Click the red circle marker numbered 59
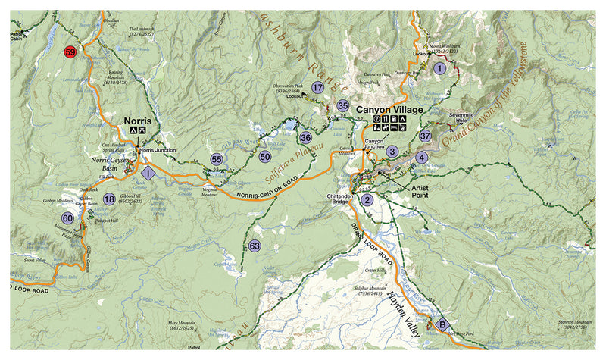click(x=70, y=52)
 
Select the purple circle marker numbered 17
click(x=318, y=88)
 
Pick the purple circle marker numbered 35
click(x=343, y=106)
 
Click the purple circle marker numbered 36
click(x=305, y=138)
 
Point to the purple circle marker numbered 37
click(x=426, y=136)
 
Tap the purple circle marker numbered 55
click(x=217, y=159)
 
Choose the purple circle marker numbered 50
click(x=265, y=156)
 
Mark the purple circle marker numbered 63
click(x=255, y=246)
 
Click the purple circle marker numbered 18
click(x=110, y=199)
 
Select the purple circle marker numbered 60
click(x=67, y=218)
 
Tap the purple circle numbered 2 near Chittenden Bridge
click(x=367, y=200)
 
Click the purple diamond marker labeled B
click(x=442, y=325)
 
